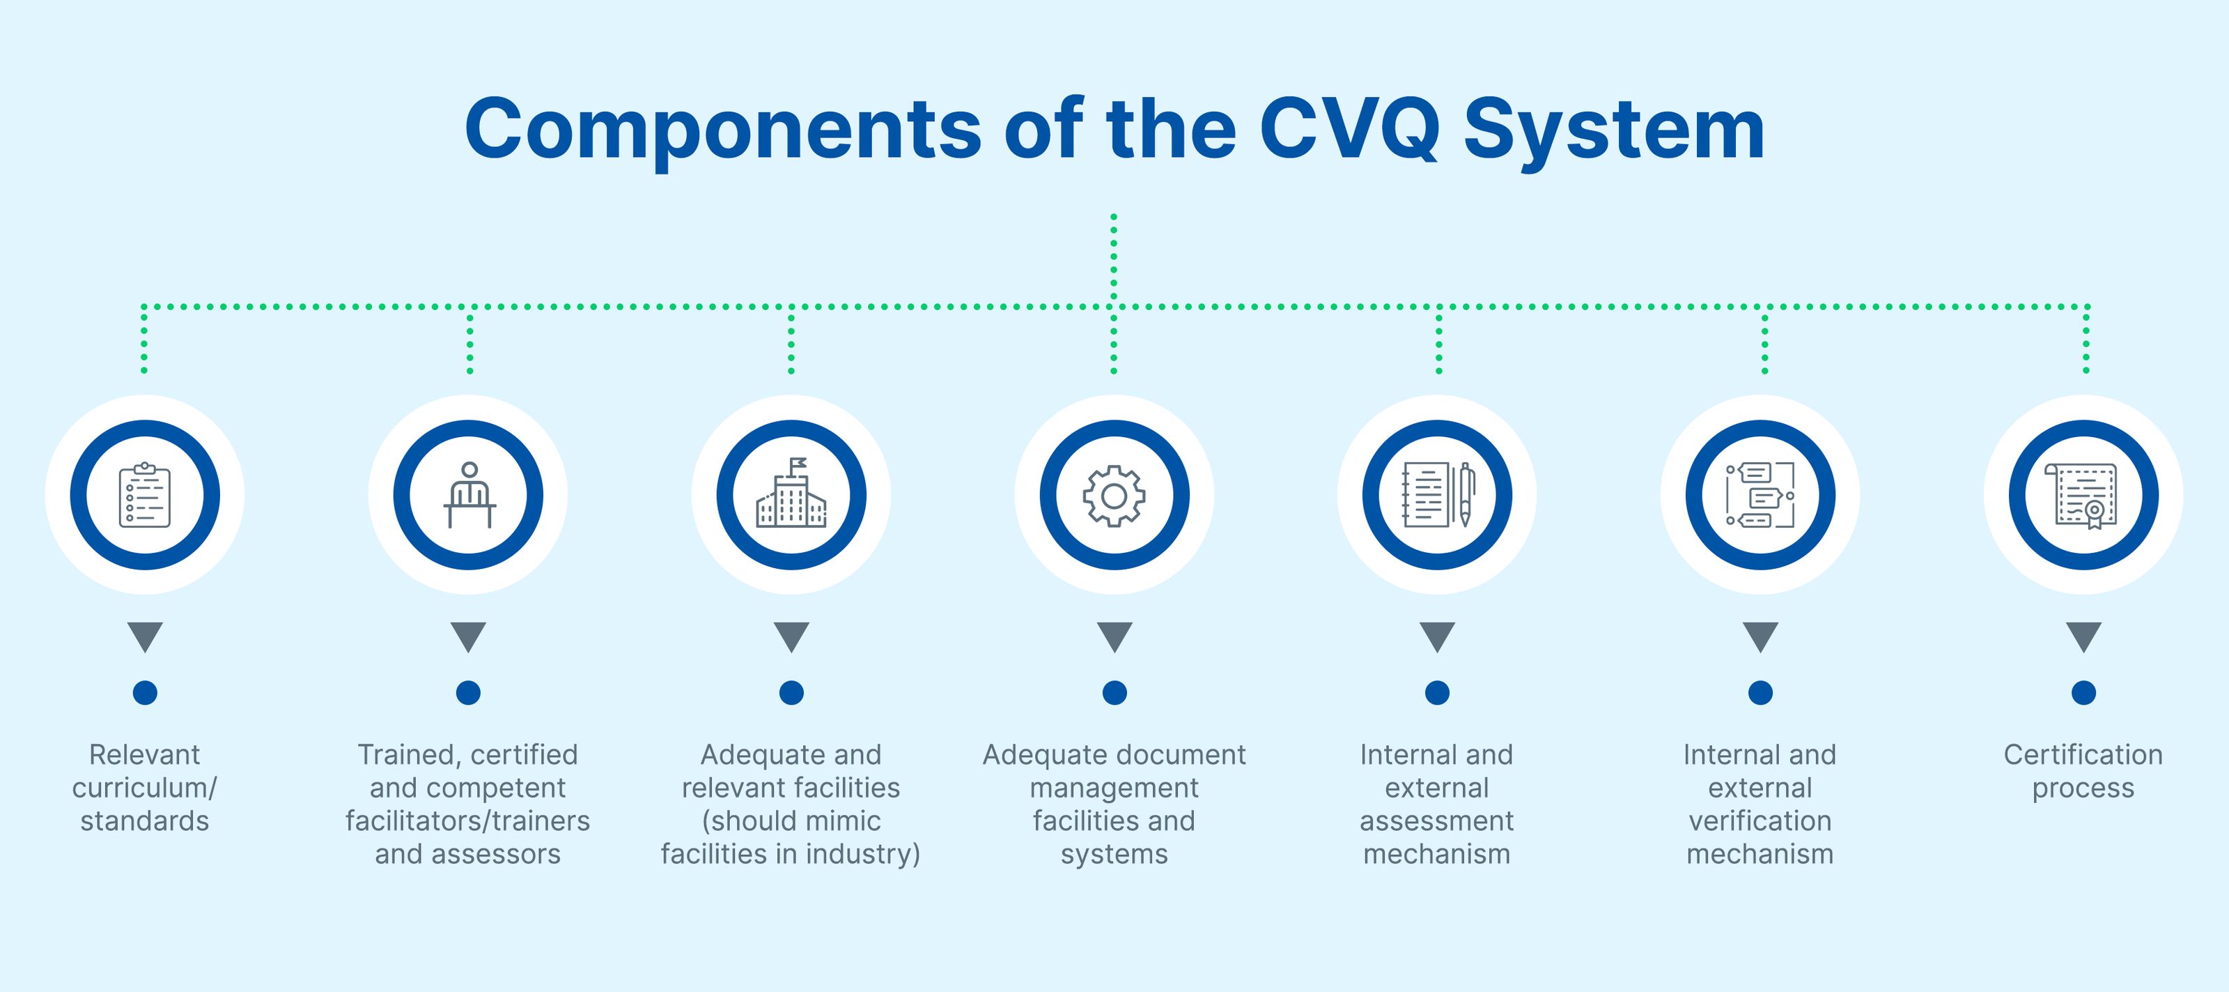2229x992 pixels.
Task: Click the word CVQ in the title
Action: click(1348, 130)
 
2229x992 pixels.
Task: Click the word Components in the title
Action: click(722, 130)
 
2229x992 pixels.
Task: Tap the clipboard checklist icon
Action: click(144, 495)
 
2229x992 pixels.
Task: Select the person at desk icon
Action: click(468, 495)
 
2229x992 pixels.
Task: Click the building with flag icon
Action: click(791, 495)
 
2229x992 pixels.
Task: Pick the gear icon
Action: click(1114, 495)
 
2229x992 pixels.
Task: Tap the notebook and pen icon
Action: click(1437, 495)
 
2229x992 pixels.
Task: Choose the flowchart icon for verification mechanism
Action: click(1760, 495)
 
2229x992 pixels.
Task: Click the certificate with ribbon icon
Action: click(2083, 495)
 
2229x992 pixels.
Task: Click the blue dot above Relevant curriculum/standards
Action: click(144, 692)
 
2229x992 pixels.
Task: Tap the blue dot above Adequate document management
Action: click(1114, 692)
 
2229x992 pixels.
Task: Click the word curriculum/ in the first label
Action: click(144, 788)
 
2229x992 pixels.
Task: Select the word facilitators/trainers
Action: click(468, 821)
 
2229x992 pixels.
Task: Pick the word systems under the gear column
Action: click(1114, 855)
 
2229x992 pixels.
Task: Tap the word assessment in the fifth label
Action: click(1437, 821)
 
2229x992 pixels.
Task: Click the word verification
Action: click(1760, 821)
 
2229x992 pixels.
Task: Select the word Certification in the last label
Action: click(2083, 755)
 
